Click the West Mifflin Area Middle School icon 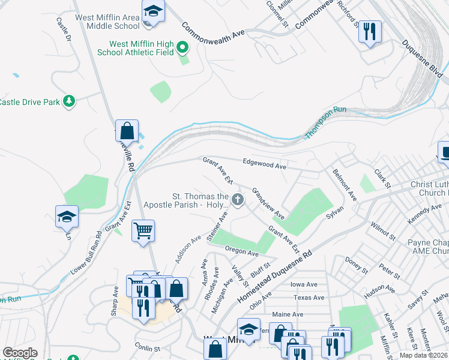(x=153, y=12)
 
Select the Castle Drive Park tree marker (x=70, y=101)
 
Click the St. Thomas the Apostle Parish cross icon (x=238, y=200)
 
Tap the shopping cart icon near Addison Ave (x=143, y=230)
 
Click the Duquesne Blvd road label (x=423, y=61)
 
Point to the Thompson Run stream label (x=326, y=122)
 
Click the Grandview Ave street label (x=268, y=204)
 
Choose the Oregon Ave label (x=241, y=250)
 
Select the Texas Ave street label (x=309, y=298)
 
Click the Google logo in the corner (x=20, y=353)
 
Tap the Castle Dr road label (x=64, y=29)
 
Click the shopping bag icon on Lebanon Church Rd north (x=127, y=130)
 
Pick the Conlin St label (x=148, y=348)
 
